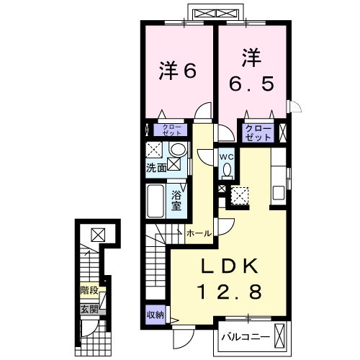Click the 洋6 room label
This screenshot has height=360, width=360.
tap(177, 71)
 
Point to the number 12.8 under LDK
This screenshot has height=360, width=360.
tap(230, 292)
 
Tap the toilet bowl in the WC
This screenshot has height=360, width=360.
tap(227, 171)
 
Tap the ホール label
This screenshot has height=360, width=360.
tap(199, 233)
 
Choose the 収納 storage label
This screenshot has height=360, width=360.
tap(156, 315)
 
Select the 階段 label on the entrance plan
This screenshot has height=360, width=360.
tap(90, 294)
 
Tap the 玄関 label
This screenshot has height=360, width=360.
tap(90, 309)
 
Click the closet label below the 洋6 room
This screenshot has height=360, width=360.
tap(174, 130)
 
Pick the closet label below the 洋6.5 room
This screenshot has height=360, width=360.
tap(258, 132)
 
